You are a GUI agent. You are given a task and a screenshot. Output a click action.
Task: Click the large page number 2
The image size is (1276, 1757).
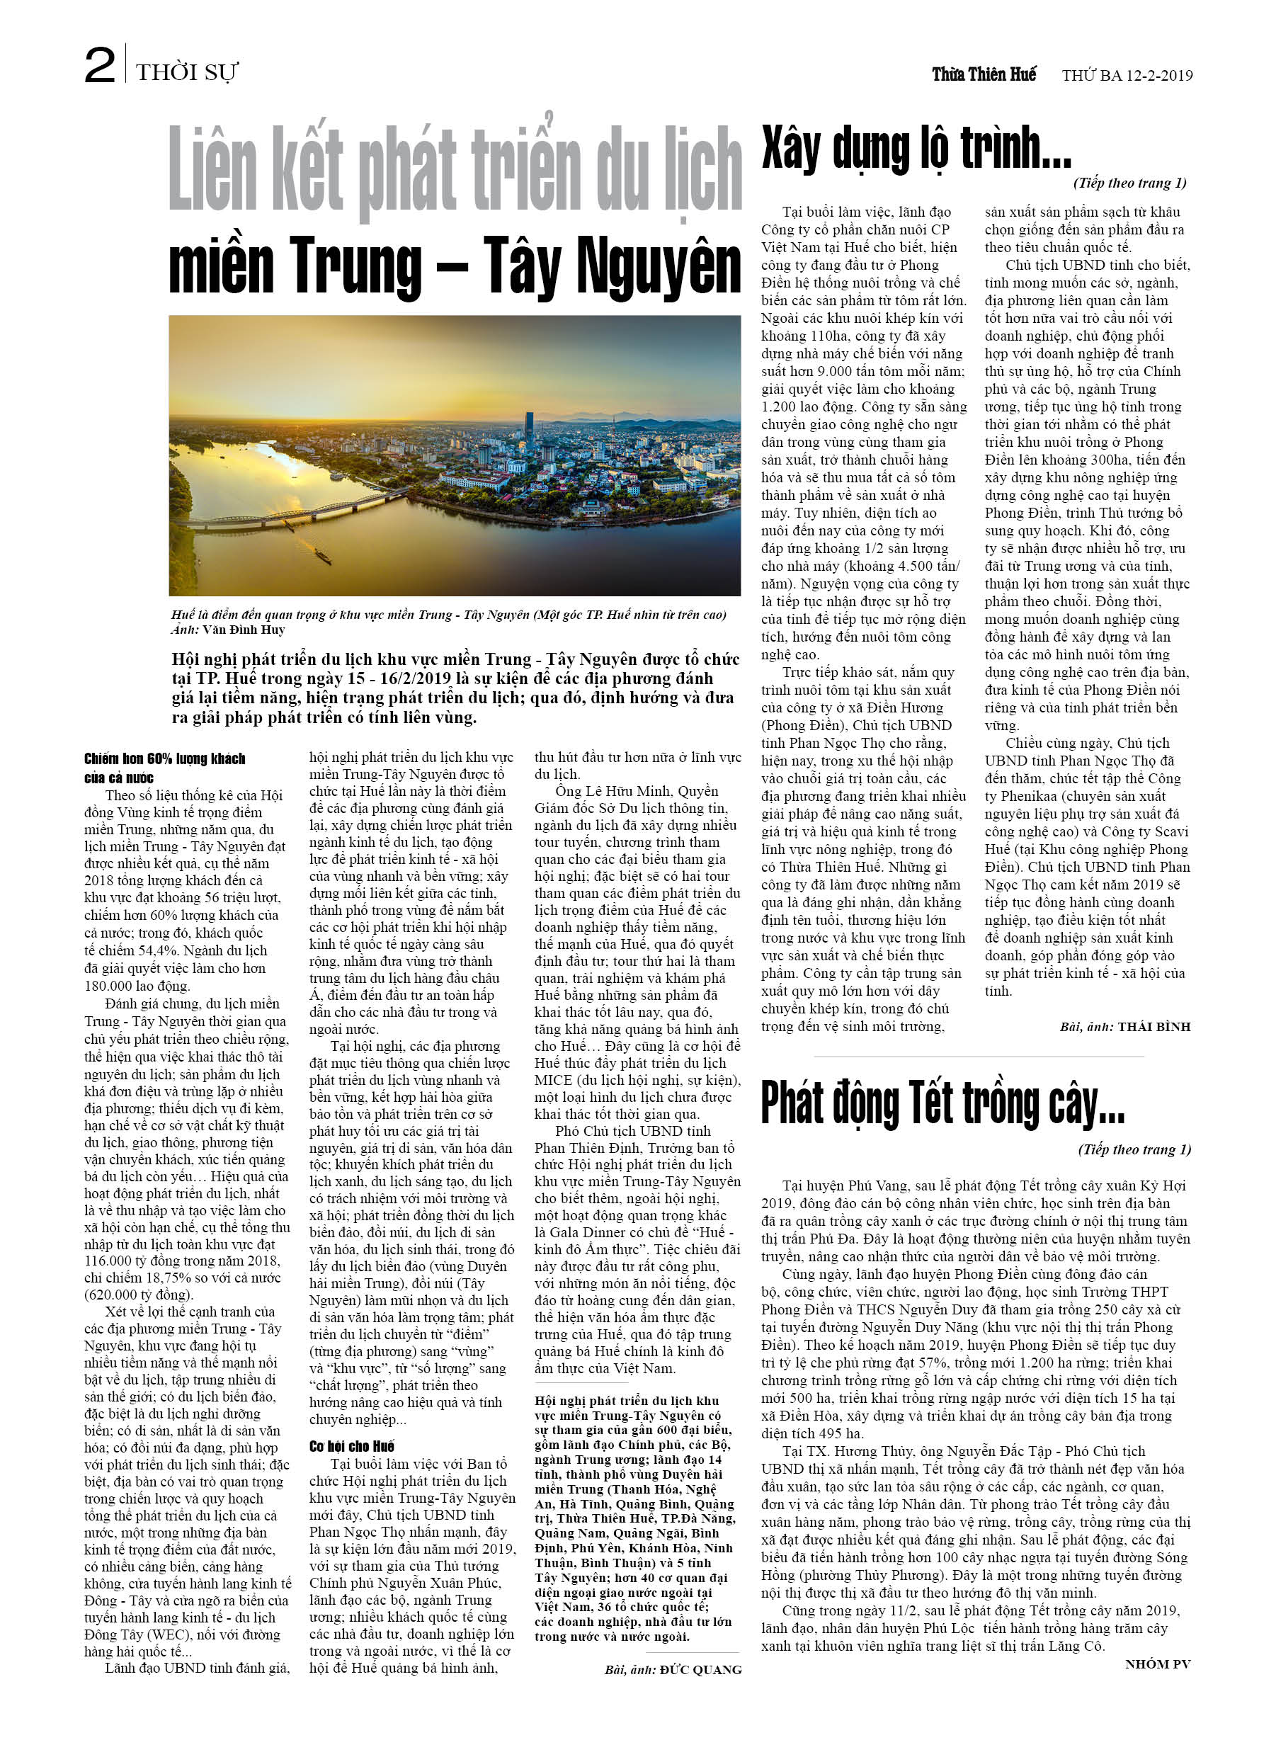pyautogui.click(x=100, y=65)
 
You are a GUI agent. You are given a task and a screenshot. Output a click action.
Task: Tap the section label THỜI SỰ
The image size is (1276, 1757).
pyautogui.click(x=187, y=73)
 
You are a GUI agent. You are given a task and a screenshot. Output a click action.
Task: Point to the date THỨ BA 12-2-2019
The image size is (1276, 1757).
pyautogui.click(x=1127, y=75)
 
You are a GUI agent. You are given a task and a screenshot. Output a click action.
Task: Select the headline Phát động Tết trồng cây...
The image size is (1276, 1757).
pyautogui.click(x=942, y=1103)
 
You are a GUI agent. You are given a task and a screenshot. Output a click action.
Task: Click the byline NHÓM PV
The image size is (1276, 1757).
pyautogui.click(x=1158, y=1664)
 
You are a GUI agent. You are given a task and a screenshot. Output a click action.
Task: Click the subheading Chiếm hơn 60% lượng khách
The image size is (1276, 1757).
pyautogui.click(x=164, y=758)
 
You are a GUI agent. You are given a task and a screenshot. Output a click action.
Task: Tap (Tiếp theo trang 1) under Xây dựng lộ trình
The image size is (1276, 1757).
pyautogui.click(x=1129, y=183)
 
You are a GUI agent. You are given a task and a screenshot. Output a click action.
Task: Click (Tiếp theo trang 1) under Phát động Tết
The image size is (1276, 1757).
pyautogui.click(x=1134, y=1149)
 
